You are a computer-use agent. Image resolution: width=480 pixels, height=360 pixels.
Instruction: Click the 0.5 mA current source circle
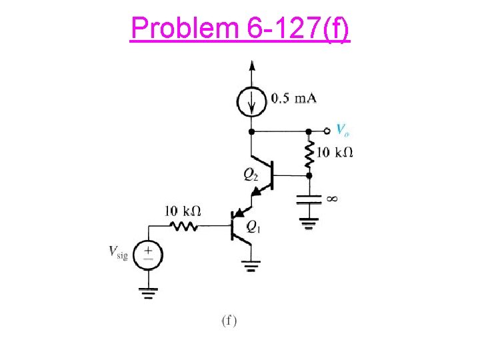(251, 101)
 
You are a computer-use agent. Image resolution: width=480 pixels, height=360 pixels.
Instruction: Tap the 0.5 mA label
(293, 99)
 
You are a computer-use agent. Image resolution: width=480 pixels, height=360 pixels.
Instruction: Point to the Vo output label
(343, 130)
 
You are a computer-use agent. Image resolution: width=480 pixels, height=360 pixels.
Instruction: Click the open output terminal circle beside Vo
(327, 131)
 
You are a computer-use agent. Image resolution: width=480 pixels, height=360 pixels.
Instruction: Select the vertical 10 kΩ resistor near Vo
(308, 153)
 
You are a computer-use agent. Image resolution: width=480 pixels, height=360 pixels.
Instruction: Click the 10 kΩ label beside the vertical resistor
(334, 152)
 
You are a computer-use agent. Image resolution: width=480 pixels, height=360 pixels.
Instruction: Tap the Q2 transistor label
(251, 175)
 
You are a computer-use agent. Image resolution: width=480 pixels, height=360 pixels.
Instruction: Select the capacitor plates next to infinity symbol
(308, 198)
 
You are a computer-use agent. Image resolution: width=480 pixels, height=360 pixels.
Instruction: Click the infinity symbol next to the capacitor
(332, 198)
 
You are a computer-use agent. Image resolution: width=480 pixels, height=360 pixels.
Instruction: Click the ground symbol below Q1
(251, 268)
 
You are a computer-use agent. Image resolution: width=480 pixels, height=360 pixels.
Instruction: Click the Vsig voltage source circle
(148, 253)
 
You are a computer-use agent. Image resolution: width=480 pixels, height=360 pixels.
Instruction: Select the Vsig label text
(118, 251)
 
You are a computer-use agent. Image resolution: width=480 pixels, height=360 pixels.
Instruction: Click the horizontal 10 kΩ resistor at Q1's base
(185, 227)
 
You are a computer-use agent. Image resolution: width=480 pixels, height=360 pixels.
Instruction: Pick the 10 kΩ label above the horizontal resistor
(183, 211)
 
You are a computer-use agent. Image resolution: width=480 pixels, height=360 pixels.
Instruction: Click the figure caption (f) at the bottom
(229, 320)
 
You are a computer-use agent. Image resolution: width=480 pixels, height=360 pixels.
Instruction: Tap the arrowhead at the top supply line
(251, 65)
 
